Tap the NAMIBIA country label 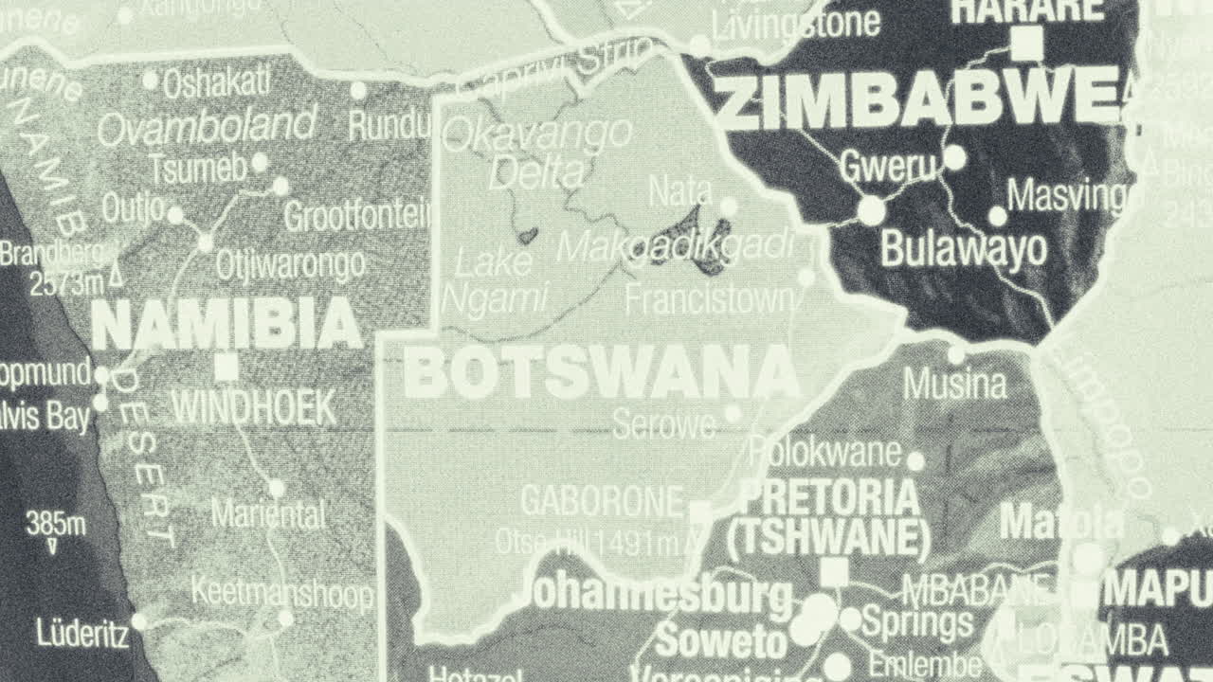click(x=226, y=324)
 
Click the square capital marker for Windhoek click(x=226, y=366)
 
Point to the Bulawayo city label click(x=964, y=249)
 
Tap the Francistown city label click(x=709, y=300)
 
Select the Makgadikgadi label click(x=675, y=246)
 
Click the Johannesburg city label click(x=658, y=596)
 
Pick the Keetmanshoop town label click(x=282, y=594)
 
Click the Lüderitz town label click(x=82, y=633)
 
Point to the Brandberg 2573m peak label click(x=57, y=267)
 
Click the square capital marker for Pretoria click(x=834, y=571)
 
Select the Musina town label click(x=954, y=385)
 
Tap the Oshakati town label click(x=216, y=83)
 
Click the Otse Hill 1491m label click(x=588, y=542)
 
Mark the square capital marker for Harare click(x=1026, y=43)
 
